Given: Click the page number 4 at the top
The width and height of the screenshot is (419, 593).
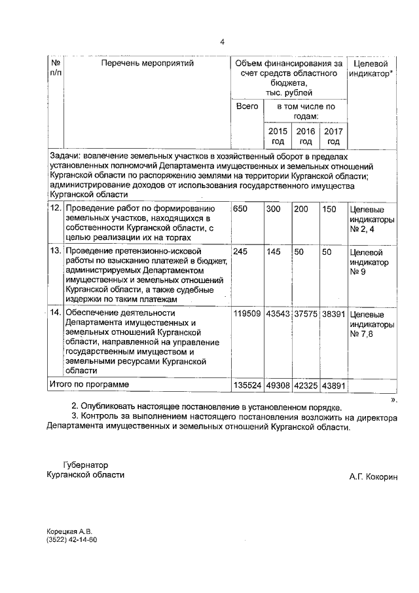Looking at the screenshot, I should pyautogui.click(x=222, y=42).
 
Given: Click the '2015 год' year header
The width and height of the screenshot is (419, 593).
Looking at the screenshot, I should pyautogui.click(x=278, y=136).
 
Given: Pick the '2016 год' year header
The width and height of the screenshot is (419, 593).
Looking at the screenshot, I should pyautogui.click(x=306, y=136).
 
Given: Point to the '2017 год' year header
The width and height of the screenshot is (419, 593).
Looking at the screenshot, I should pyautogui.click(x=333, y=136).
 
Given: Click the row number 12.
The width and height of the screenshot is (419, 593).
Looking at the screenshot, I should pyautogui.click(x=56, y=208).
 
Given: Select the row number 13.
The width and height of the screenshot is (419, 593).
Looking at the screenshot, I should pyautogui.click(x=56, y=251).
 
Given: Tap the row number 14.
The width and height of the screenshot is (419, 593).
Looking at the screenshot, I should pyautogui.click(x=56, y=313).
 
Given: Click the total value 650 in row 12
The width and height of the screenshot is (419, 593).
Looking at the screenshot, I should pyautogui.click(x=240, y=208).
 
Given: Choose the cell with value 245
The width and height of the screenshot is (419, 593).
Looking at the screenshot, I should pyautogui.click(x=240, y=251).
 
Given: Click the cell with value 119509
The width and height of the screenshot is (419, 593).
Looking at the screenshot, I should pyautogui.click(x=247, y=313).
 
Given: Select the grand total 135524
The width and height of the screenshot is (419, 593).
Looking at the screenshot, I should pyautogui.click(x=247, y=384).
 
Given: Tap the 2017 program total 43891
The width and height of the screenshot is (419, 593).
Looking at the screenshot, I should pyautogui.click(x=333, y=384).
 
